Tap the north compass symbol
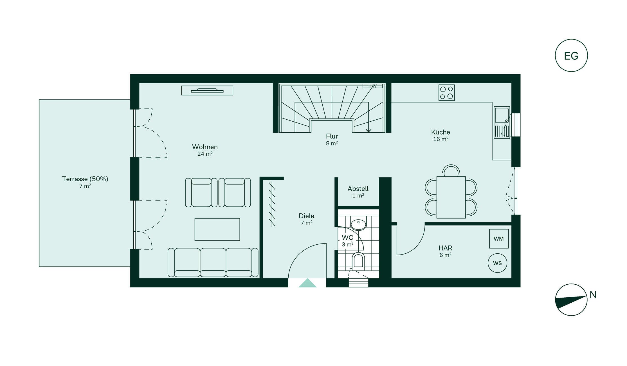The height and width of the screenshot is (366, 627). click(x=571, y=300)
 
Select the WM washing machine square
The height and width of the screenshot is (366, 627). click(x=499, y=239)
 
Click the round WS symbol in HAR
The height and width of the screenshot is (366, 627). click(x=497, y=263)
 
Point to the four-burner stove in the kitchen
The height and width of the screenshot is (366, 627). click(x=446, y=93)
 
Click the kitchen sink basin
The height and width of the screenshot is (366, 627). click(x=502, y=115)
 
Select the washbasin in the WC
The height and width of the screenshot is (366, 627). click(x=358, y=224)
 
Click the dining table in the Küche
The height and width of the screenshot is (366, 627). click(x=451, y=197)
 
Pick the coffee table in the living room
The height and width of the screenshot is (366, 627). click(x=217, y=229)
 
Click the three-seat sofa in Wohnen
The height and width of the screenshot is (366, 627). click(x=213, y=262)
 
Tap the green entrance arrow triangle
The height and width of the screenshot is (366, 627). click(x=307, y=283)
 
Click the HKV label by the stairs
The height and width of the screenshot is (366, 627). click(x=372, y=86)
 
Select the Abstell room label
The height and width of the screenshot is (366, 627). click(x=358, y=189)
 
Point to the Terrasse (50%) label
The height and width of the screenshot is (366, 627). click(x=85, y=179)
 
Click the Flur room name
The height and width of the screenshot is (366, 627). click(x=332, y=136)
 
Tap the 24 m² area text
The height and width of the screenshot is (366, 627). click(x=205, y=154)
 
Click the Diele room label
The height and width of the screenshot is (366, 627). click(x=306, y=216)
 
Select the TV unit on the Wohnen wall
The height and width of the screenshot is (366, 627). click(x=207, y=90)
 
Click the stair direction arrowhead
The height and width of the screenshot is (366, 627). click(x=368, y=131)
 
